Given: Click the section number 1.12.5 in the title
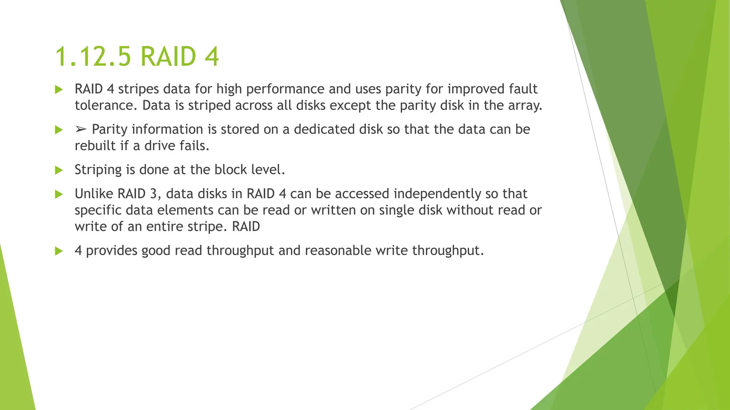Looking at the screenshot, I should click(93, 57).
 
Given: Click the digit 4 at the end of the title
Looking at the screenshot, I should click(211, 57).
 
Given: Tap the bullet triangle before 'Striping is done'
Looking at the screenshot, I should click(59, 170).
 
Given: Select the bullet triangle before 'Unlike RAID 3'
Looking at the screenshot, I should click(59, 194).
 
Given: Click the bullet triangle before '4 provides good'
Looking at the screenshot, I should click(59, 251).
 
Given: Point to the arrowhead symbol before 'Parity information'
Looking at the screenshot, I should click(81, 130).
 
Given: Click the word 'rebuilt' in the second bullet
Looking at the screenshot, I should click(95, 146).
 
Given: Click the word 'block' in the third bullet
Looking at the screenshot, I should click(231, 170).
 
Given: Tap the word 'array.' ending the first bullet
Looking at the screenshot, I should click(525, 106).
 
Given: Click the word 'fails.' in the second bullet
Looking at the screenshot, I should click(195, 146).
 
